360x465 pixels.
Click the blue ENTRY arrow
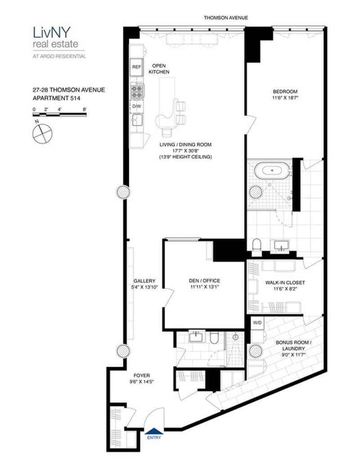154,431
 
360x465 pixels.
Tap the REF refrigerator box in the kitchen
136,67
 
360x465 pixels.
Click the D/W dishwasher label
136,106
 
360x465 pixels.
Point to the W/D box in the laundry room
257,322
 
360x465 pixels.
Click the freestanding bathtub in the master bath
272,170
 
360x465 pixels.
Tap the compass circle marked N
42,133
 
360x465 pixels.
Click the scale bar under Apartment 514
59,114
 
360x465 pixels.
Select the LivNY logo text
52,32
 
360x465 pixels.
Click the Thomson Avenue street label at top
225,18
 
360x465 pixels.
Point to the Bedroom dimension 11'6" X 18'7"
285,98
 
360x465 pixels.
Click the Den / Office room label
204,281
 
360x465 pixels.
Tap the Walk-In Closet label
285,282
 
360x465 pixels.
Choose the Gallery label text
144,281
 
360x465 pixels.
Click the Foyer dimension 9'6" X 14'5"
142,382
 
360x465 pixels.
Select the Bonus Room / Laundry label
293,345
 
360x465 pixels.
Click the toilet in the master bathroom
256,247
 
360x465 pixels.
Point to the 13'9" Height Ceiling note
185,157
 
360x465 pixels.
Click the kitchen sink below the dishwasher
137,121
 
